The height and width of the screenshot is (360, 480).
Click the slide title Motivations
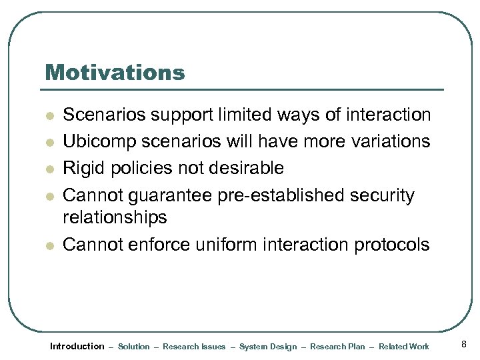pyautogui.click(x=114, y=72)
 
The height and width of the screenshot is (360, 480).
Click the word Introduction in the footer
pyautogui.click(x=77, y=346)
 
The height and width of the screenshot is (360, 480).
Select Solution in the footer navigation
pyautogui.click(x=133, y=347)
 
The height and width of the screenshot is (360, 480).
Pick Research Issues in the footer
pyautogui.click(x=194, y=347)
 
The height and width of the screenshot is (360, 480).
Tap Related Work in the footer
pyautogui.click(x=404, y=347)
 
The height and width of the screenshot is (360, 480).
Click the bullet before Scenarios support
pyautogui.click(x=48, y=116)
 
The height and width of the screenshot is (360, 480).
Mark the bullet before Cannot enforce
pyautogui.click(x=48, y=246)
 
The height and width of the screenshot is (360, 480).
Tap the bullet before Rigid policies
pyautogui.click(x=48, y=168)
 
